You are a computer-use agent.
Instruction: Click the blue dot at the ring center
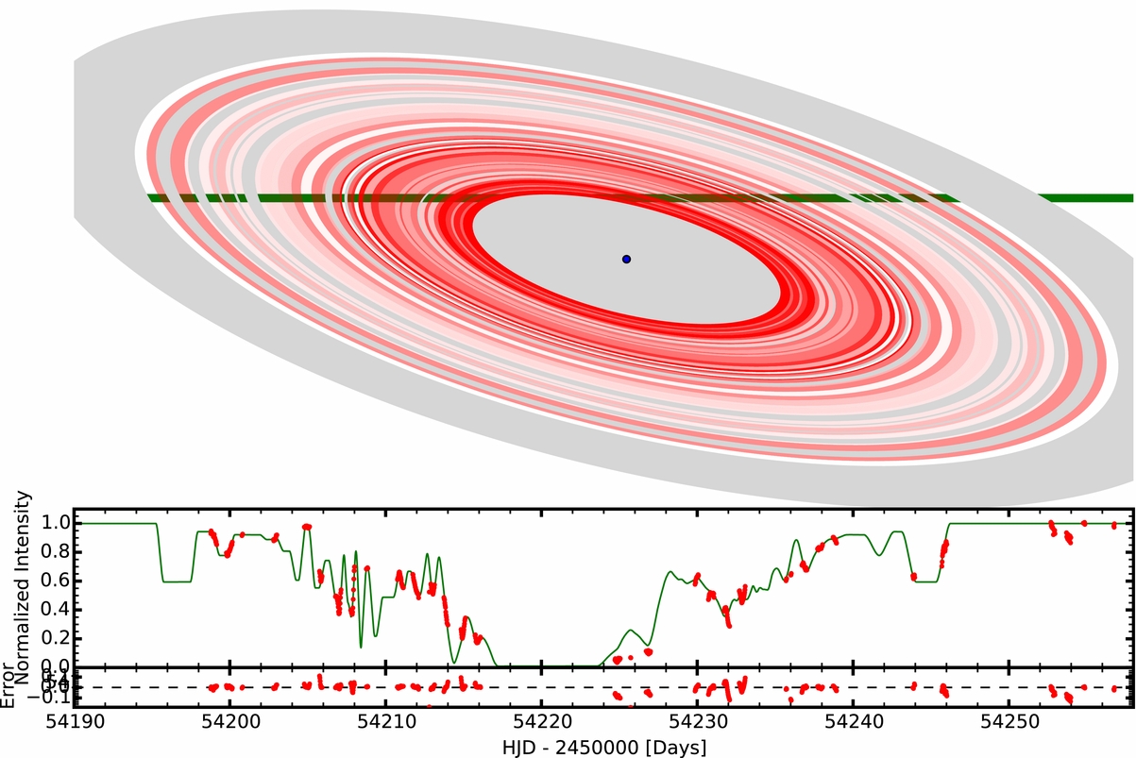pos(626,259)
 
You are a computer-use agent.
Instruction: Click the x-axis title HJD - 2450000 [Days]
pos(603,746)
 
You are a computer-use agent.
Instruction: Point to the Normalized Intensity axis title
pos(25,578)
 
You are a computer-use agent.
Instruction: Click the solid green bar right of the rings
pos(1086,198)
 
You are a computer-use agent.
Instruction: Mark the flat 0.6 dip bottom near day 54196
pos(177,581)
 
